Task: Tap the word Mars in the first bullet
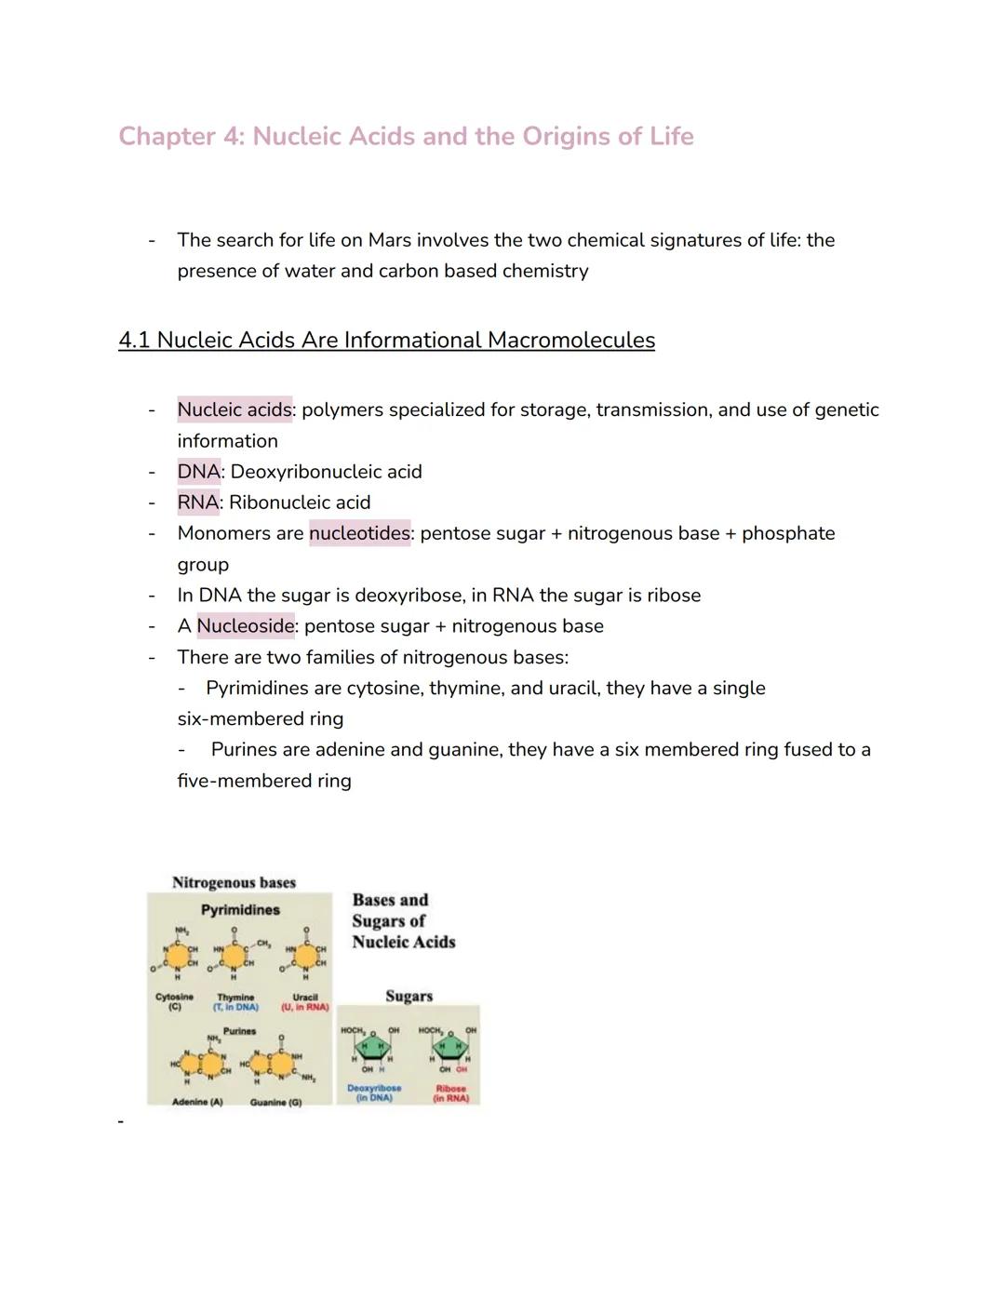[x=390, y=240]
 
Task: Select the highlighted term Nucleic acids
[x=234, y=410]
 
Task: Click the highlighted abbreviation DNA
[x=198, y=472]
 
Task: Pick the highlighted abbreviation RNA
[x=198, y=503]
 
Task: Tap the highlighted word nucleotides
[x=359, y=533]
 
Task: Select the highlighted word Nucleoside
[x=246, y=626]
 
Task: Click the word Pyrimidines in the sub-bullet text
[x=258, y=689]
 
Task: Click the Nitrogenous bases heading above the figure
[x=234, y=882]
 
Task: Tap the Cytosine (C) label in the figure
[x=174, y=1000]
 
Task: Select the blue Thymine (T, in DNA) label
[x=235, y=1001]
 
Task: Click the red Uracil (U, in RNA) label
[x=305, y=1001]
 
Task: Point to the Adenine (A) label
[x=197, y=1102]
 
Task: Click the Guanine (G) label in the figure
[x=275, y=1102]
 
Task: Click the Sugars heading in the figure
[x=409, y=996]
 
